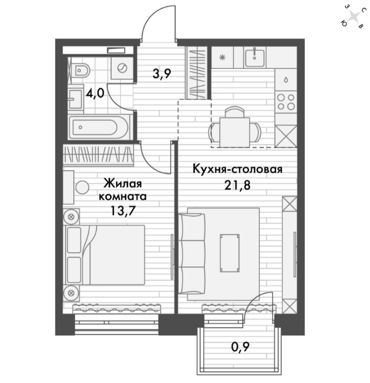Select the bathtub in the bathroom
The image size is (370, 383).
[99, 127]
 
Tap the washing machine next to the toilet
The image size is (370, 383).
[122, 68]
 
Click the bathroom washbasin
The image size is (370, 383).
[76, 99]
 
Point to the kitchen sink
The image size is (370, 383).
[255, 57]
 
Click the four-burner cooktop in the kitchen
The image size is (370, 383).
[286, 102]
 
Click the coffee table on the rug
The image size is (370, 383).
[229, 253]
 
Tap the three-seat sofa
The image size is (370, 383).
[192, 253]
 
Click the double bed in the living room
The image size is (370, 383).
[104, 255]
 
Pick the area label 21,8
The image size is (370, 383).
[238, 185]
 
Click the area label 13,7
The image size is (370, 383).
[123, 211]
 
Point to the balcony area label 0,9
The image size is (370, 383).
[240, 346]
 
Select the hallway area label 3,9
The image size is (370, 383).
[162, 73]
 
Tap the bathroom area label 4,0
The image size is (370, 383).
[95, 93]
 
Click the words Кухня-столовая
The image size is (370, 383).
[238, 169]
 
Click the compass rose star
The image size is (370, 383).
[354, 18]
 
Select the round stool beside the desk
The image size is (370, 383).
[82, 187]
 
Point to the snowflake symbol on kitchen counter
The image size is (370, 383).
[222, 57]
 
